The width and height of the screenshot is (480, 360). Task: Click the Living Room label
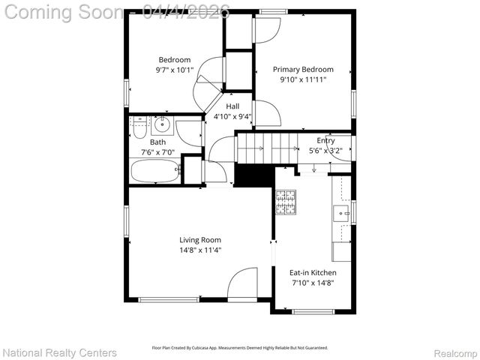(199, 240)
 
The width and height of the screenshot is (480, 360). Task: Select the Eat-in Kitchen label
(313, 273)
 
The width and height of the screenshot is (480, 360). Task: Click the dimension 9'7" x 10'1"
(174, 70)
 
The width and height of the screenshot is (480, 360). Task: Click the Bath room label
(157, 142)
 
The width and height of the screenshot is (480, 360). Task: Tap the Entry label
(325, 140)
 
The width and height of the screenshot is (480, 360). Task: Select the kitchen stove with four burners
(286, 202)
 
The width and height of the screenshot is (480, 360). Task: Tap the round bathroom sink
(162, 125)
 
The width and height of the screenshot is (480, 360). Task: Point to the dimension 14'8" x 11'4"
(199, 250)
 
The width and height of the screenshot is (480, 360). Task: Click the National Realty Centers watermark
(60, 352)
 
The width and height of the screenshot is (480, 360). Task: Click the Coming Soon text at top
(64, 12)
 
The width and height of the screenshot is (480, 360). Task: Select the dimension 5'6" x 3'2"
(325, 150)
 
